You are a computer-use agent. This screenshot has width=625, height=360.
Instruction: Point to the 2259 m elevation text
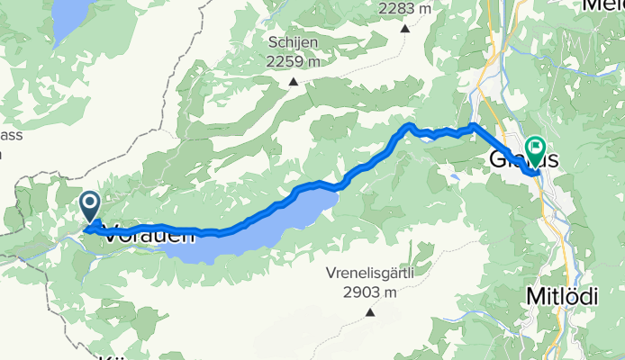294,61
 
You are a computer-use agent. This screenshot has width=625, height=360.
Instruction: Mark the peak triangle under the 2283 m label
404,28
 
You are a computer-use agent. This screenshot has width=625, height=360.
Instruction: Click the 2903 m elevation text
369,293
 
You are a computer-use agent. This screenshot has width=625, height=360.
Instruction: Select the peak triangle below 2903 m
369,313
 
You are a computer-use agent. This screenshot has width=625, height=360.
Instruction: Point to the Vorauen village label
149,237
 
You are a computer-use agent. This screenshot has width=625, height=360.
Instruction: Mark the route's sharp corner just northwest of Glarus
474,126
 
